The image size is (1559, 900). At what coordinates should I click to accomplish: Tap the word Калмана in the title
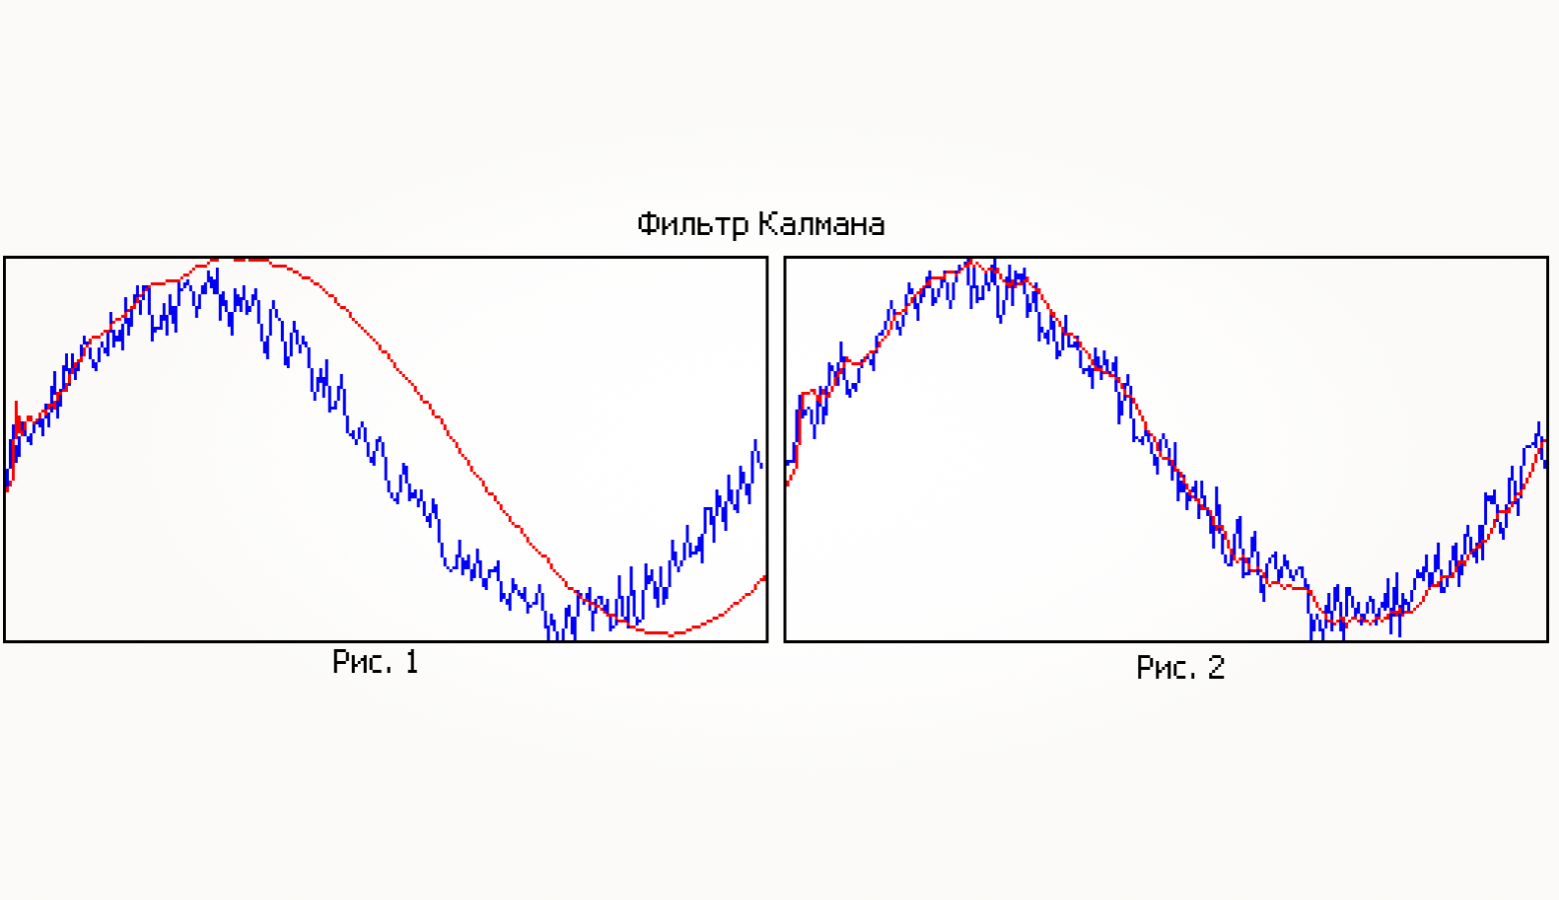point(821,223)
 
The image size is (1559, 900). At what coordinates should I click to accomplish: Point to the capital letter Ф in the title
point(648,223)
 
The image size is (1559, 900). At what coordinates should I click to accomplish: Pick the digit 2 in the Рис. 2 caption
point(1215,667)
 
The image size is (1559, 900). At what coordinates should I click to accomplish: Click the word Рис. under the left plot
point(362,662)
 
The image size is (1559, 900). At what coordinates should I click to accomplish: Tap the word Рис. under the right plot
point(1165,667)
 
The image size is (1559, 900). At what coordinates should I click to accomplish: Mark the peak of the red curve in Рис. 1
point(240,260)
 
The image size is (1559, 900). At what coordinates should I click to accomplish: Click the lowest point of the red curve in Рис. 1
point(668,634)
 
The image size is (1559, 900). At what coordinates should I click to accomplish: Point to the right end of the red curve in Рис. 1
point(765,577)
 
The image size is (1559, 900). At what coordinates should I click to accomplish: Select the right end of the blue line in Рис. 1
point(763,466)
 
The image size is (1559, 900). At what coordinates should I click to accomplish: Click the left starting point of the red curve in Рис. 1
point(7,490)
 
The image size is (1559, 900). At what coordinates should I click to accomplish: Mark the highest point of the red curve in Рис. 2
point(969,262)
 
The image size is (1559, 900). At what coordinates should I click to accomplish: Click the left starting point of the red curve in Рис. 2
point(787,485)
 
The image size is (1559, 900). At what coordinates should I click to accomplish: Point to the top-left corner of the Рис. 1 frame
point(5,258)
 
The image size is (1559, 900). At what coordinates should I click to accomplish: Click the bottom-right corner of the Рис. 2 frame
point(1547,640)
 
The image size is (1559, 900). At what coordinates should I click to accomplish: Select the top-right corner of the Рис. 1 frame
point(767,258)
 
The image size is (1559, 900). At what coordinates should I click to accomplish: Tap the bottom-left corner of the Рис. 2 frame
point(785,640)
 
